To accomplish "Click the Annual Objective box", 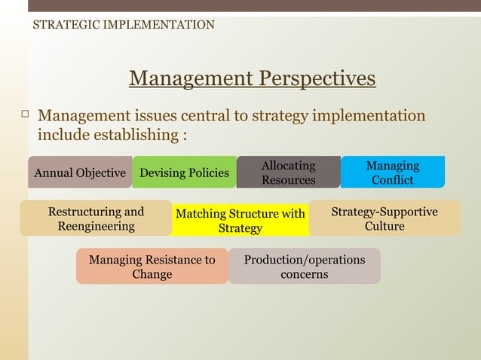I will click(x=80, y=172).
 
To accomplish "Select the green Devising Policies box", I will click(x=184, y=172).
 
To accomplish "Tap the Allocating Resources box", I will click(x=288, y=172).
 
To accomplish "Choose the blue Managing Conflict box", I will click(x=392, y=172).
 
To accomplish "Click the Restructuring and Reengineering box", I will click(x=96, y=218).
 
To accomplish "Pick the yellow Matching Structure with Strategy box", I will click(x=240, y=221).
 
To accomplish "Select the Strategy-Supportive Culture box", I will click(x=384, y=218).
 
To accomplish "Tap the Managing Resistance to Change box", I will click(x=152, y=267).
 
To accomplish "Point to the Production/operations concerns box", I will click(x=304, y=267).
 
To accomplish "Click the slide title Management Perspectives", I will click(x=252, y=78).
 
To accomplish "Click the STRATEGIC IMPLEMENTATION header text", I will click(x=124, y=25).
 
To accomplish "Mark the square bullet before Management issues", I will click(x=24, y=114).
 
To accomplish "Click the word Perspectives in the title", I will click(x=317, y=78).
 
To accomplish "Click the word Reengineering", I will click(x=96, y=226).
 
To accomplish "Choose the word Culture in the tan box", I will click(x=384, y=226).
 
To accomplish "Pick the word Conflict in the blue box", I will click(x=392, y=180).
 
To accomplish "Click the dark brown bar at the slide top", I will click(x=254, y=6).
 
